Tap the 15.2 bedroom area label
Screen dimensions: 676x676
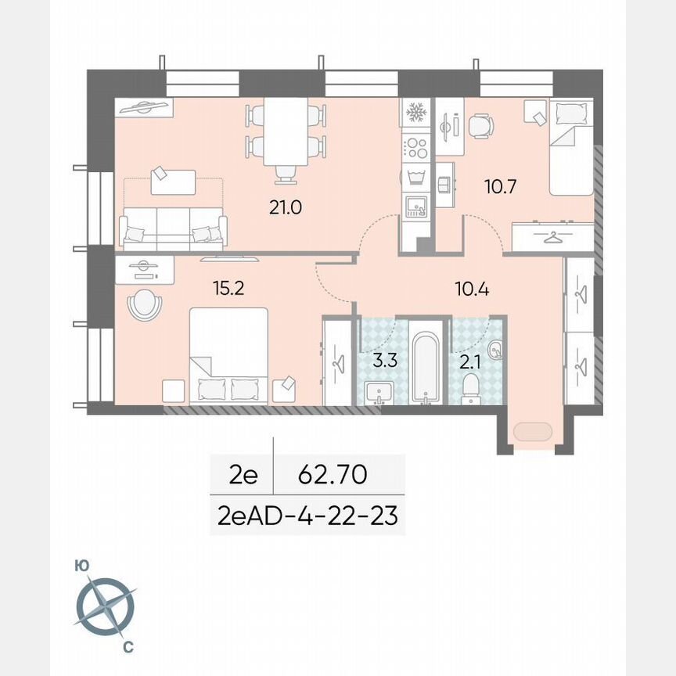(x=228, y=288)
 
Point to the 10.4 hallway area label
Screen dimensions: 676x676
(x=472, y=289)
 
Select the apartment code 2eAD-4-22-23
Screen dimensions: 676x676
(x=307, y=516)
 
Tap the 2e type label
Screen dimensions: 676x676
(x=243, y=474)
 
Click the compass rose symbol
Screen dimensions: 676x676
(x=106, y=606)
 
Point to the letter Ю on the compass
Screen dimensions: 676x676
(x=80, y=565)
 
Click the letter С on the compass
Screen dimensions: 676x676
(x=128, y=647)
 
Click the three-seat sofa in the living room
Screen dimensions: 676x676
(x=173, y=228)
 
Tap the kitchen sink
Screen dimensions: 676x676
(x=415, y=205)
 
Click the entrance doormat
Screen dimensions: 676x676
(x=532, y=431)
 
